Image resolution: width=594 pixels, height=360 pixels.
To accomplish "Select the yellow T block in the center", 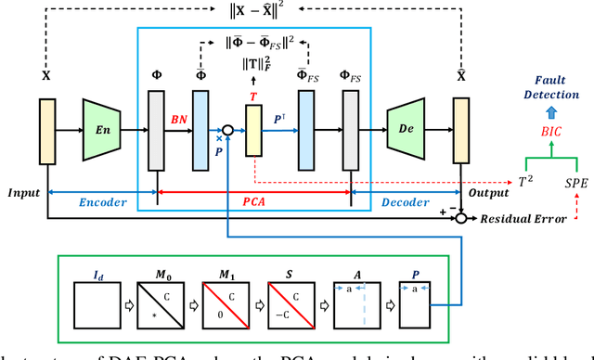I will point(254,131).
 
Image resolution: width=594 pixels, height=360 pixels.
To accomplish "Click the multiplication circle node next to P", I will point(227,131).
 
